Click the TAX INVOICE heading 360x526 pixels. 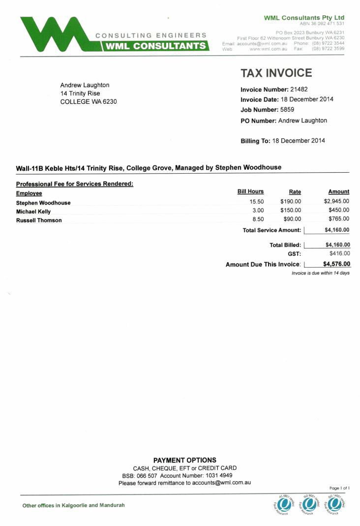point(276,73)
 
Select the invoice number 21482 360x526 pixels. point(299,89)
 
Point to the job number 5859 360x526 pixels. point(287,110)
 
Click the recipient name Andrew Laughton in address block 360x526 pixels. point(85,85)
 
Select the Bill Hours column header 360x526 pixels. point(250,191)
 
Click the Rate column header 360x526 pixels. point(295,192)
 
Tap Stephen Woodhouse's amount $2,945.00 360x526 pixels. point(336,201)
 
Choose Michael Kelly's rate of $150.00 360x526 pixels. point(290,210)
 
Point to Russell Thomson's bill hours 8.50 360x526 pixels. point(258,219)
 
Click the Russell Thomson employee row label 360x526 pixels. point(39,220)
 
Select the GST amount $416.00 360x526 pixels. point(339,253)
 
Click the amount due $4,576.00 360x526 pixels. point(336,264)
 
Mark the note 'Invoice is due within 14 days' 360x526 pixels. point(320,273)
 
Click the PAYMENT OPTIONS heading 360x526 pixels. point(184,460)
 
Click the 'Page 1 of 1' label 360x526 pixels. point(339,488)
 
